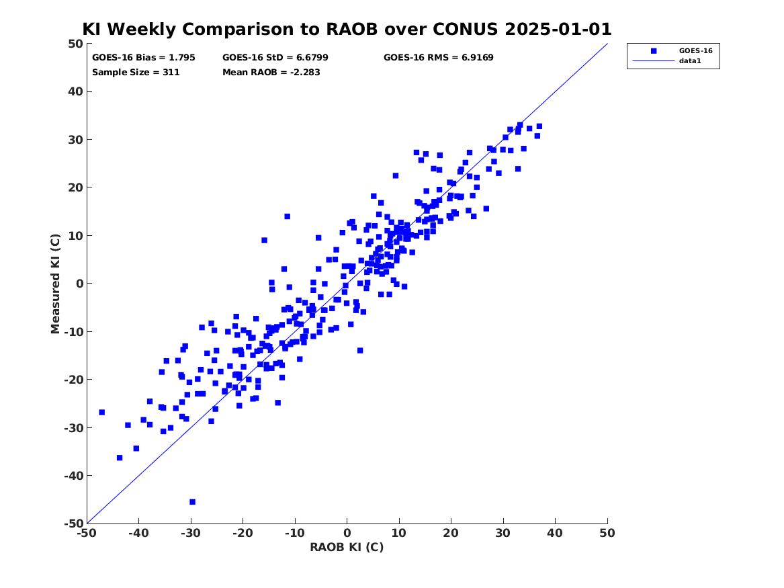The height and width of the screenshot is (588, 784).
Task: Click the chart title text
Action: coord(347,29)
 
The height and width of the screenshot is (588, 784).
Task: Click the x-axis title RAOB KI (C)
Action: coord(347,547)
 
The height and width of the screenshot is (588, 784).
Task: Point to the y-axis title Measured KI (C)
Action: coord(55,284)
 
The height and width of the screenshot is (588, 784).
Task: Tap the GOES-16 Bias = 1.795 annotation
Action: coord(144,58)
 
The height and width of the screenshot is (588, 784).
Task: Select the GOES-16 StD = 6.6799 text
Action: coord(275,58)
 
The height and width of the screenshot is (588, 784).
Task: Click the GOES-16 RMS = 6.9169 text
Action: coord(439,58)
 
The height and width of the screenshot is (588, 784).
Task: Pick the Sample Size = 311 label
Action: coord(136,72)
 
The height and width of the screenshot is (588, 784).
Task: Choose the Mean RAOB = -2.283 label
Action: coord(271,72)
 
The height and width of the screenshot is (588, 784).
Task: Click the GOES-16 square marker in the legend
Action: coord(654,50)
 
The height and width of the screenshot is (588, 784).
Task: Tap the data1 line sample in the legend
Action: coord(654,61)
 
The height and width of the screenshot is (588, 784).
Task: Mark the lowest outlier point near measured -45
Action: coord(193,502)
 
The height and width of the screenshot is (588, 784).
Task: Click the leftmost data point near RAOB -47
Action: coord(102,412)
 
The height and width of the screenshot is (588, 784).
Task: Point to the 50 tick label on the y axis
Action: coord(75,44)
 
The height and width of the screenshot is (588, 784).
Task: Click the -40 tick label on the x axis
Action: coord(138,533)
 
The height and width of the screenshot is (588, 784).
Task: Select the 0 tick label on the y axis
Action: coord(79,284)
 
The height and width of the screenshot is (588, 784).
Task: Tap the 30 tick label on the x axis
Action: coord(503,533)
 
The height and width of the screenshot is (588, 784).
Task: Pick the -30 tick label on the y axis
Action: coord(73,427)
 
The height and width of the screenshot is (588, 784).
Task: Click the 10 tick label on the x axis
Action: coord(399,533)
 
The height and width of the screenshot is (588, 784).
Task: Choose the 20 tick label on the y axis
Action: coord(75,187)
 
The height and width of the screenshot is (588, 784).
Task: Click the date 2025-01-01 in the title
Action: coord(558,29)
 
